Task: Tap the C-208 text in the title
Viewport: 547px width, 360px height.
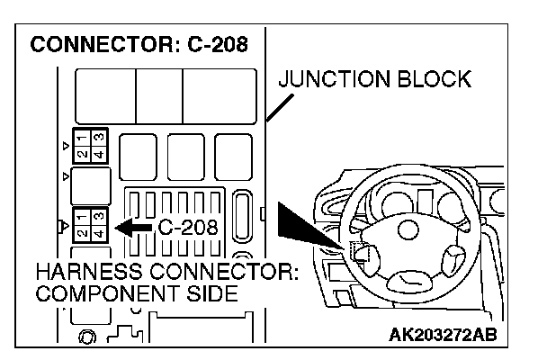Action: pos(215,43)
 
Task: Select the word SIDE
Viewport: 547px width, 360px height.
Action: pos(215,294)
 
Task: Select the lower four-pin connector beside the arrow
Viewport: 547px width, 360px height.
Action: pos(91,224)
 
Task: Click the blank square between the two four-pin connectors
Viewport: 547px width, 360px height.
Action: pos(91,184)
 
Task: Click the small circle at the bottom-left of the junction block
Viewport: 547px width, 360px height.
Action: pos(87,338)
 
